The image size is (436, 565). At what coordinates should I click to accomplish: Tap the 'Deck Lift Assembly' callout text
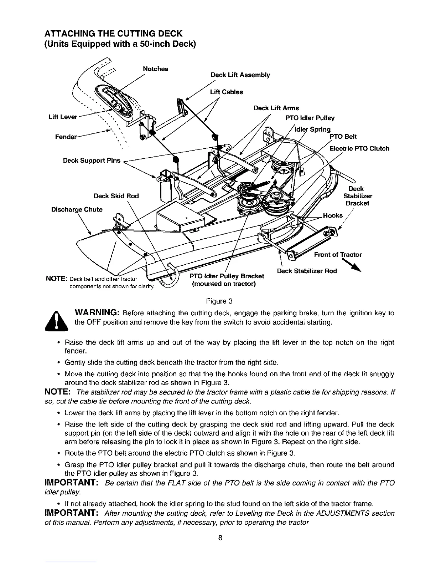(x=240, y=75)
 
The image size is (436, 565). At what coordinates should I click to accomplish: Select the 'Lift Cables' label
(x=227, y=92)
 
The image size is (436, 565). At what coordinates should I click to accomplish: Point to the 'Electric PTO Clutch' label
(x=359, y=148)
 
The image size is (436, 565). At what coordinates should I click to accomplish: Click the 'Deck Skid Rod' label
(x=116, y=196)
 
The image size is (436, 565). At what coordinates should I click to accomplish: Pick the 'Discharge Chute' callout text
(x=77, y=209)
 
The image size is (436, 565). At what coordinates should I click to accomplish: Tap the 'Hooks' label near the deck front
(x=333, y=215)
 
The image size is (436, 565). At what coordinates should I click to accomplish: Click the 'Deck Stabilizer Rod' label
(x=307, y=271)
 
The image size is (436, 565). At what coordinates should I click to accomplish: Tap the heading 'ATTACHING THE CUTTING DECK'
(x=113, y=34)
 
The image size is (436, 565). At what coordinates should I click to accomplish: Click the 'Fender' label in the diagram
(x=66, y=137)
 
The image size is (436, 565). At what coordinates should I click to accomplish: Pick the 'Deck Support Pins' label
(x=92, y=160)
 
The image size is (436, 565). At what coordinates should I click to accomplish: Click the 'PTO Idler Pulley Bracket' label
(x=227, y=276)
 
